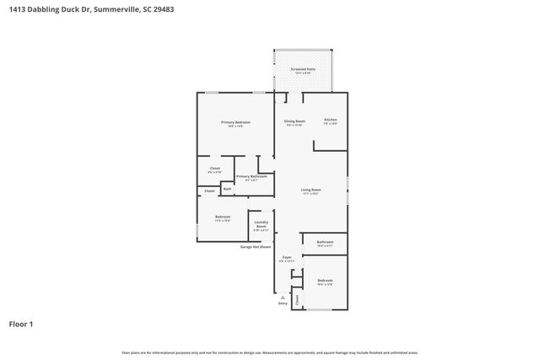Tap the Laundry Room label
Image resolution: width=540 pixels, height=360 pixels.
[x=261, y=225]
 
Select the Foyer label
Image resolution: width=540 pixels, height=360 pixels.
[x=287, y=256]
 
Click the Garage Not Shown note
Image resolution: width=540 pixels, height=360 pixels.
[x=256, y=247]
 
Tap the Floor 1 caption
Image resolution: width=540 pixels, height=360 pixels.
[x=21, y=324]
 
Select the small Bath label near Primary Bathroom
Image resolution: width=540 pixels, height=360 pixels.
[x=227, y=189]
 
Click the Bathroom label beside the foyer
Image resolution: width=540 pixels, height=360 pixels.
[x=325, y=243]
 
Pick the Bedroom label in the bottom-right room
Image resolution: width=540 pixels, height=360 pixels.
[x=325, y=281]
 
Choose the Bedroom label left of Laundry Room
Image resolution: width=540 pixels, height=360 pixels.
[x=223, y=218]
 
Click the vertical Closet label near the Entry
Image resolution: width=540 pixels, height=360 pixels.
[x=297, y=298]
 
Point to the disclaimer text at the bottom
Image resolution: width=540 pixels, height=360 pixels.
[x=270, y=352]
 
